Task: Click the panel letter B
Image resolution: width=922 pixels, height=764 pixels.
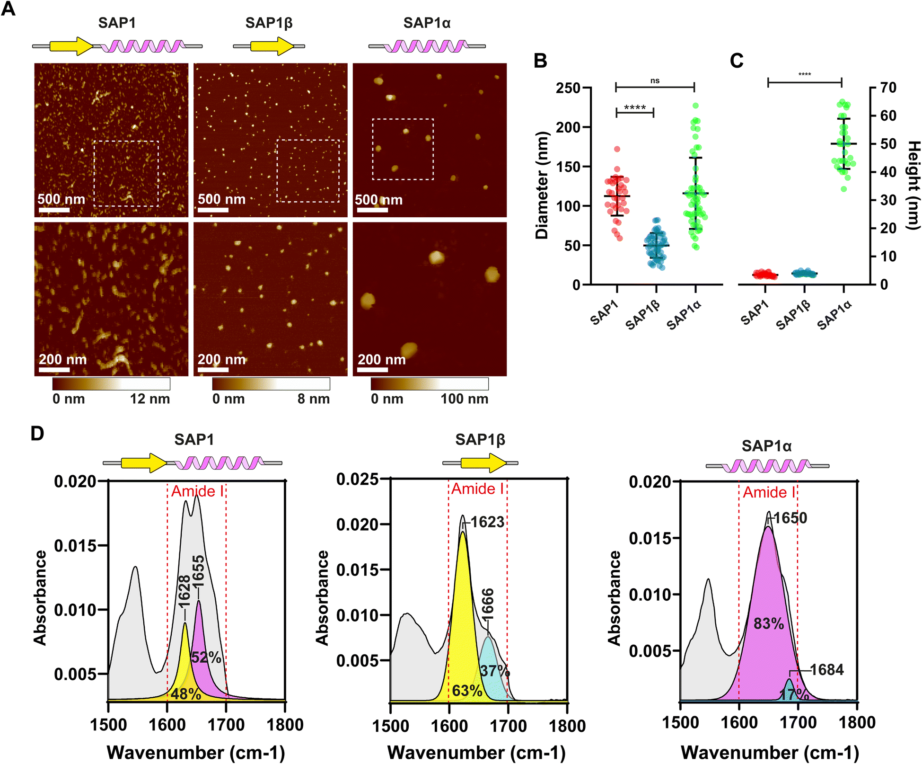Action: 540,61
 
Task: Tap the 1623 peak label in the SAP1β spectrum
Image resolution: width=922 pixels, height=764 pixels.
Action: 487,522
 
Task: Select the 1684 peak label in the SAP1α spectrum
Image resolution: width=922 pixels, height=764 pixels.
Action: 827,670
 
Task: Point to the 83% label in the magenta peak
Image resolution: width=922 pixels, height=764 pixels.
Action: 769,624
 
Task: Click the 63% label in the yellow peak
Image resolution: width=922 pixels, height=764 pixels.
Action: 467,691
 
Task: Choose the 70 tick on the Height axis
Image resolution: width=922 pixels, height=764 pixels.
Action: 888,88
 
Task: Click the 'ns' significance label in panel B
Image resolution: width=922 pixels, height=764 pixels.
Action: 655,81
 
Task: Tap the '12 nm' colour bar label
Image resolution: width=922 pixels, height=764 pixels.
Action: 150,399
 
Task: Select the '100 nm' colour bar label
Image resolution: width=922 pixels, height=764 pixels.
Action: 465,399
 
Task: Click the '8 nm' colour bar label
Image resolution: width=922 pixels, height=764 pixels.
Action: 314,399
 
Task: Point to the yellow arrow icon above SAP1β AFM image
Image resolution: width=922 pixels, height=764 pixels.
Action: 272,46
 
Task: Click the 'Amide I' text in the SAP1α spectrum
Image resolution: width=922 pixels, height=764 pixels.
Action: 769,493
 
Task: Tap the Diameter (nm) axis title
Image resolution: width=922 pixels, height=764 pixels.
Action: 542,185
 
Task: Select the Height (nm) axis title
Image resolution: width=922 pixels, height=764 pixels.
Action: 913,186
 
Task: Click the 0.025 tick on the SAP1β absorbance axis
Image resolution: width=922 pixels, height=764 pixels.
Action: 358,479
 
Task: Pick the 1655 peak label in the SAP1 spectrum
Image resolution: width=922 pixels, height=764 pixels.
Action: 198,571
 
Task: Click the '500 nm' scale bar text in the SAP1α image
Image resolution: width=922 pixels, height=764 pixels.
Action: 379,200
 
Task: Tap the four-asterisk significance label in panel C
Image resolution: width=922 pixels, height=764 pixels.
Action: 805,75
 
